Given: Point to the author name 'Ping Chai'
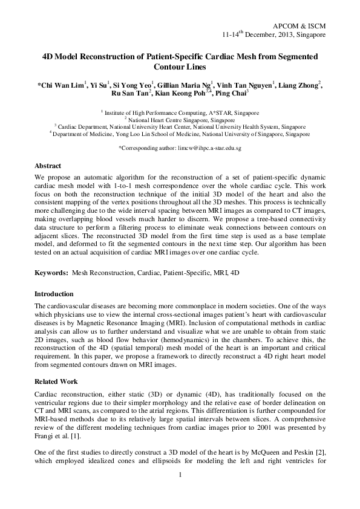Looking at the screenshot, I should point(230,95).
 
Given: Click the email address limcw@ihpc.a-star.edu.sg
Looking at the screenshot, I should point(208,148).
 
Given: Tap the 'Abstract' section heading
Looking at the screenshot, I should point(48,164).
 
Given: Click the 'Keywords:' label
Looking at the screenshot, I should point(51,273).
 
